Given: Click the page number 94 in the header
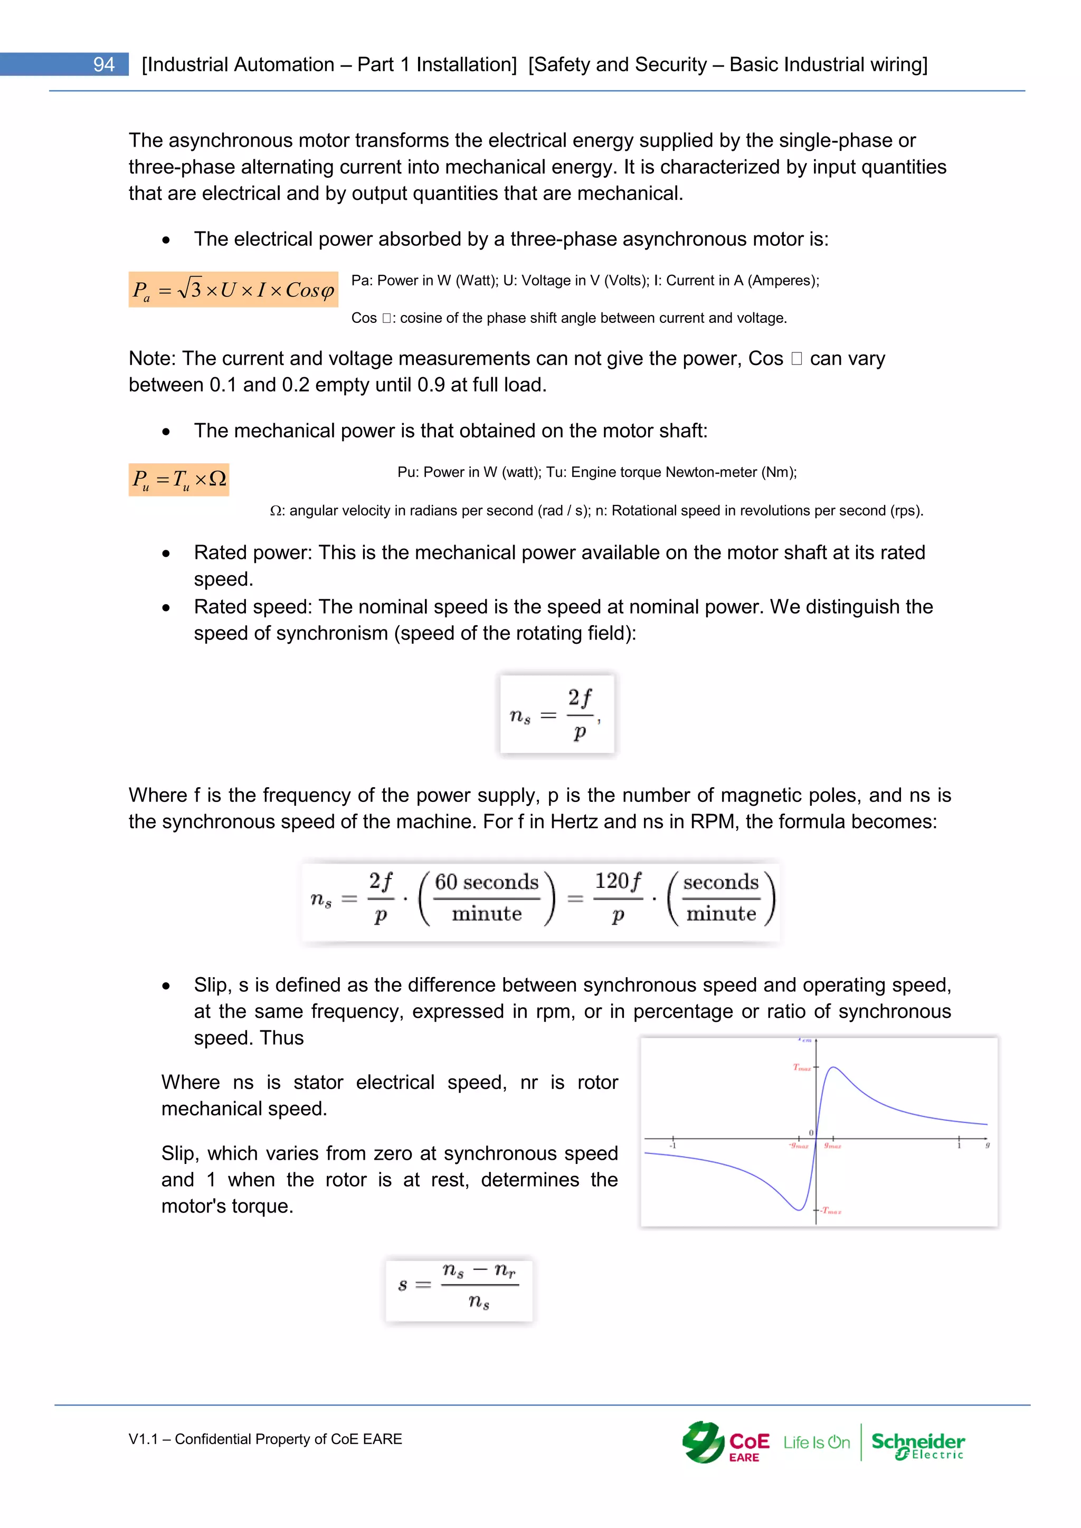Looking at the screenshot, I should [104, 64].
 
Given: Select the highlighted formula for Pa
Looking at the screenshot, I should [233, 290].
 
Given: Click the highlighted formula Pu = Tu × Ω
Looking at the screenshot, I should [179, 479].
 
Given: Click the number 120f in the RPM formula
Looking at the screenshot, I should [618, 881].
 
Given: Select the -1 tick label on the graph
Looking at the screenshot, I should [672, 1146].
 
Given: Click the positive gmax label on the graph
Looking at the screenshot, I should [833, 1146].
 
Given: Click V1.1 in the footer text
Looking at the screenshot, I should [143, 1439].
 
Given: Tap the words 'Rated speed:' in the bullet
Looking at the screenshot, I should [253, 607].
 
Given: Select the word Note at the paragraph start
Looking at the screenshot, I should [152, 359].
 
